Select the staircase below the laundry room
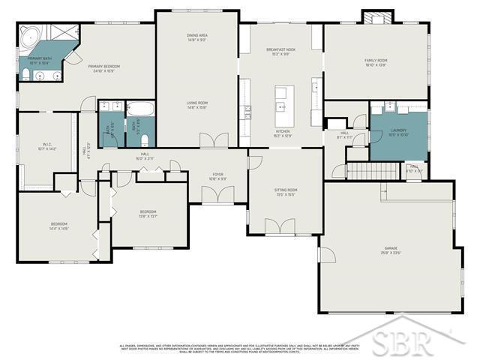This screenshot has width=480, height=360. [x=376, y=172]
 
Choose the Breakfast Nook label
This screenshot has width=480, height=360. [x=280, y=50]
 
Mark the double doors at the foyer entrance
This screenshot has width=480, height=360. [x=217, y=194]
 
